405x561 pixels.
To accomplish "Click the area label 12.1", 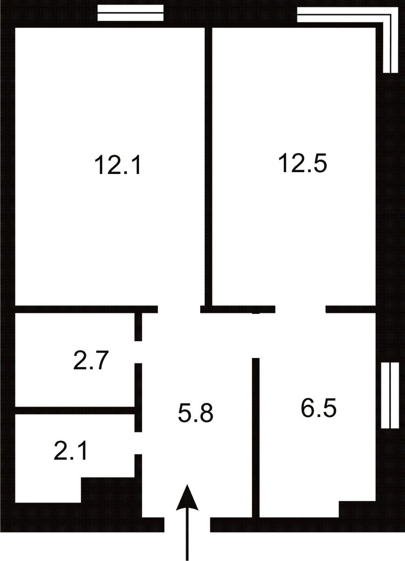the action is [x=118, y=165].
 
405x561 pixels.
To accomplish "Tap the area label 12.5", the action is [x=302, y=163].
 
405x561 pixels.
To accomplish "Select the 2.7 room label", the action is [x=91, y=360].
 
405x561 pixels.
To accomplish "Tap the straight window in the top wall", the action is [x=130, y=13].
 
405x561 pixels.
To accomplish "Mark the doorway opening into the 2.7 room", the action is [x=138, y=352].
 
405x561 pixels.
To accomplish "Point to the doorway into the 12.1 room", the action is [x=179, y=309].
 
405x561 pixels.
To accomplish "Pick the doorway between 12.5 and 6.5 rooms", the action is [x=300, y=309].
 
